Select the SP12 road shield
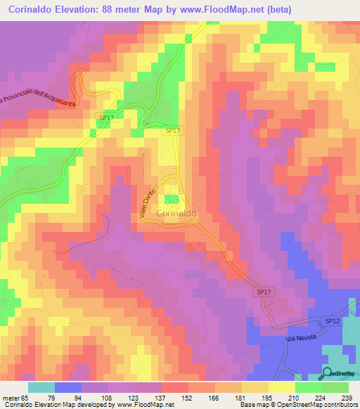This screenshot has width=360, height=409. [333, 320]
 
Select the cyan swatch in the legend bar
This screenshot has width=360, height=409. [41, 387]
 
